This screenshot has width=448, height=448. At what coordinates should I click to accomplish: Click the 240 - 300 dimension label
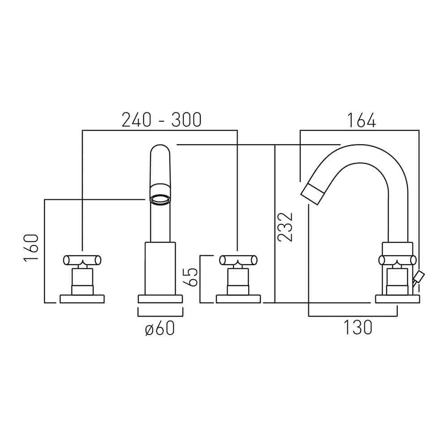click(x=162, y=120)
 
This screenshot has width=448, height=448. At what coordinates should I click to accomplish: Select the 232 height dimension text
click(x=285, y=227)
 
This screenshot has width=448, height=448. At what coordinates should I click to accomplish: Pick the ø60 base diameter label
click(x=160, y=329)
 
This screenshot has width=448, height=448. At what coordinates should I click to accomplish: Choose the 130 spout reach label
click(x=358, y=328)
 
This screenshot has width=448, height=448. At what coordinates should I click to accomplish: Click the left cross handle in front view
click(x=82, y=260)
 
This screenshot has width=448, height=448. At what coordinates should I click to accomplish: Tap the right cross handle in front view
click(x=238, y=260)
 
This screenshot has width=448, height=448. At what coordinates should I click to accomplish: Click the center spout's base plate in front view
click(x=160, y=299)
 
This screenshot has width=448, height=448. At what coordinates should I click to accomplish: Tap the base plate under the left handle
click(x=82, y=299)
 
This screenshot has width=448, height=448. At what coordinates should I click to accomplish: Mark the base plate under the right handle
click(x=238, y=299)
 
